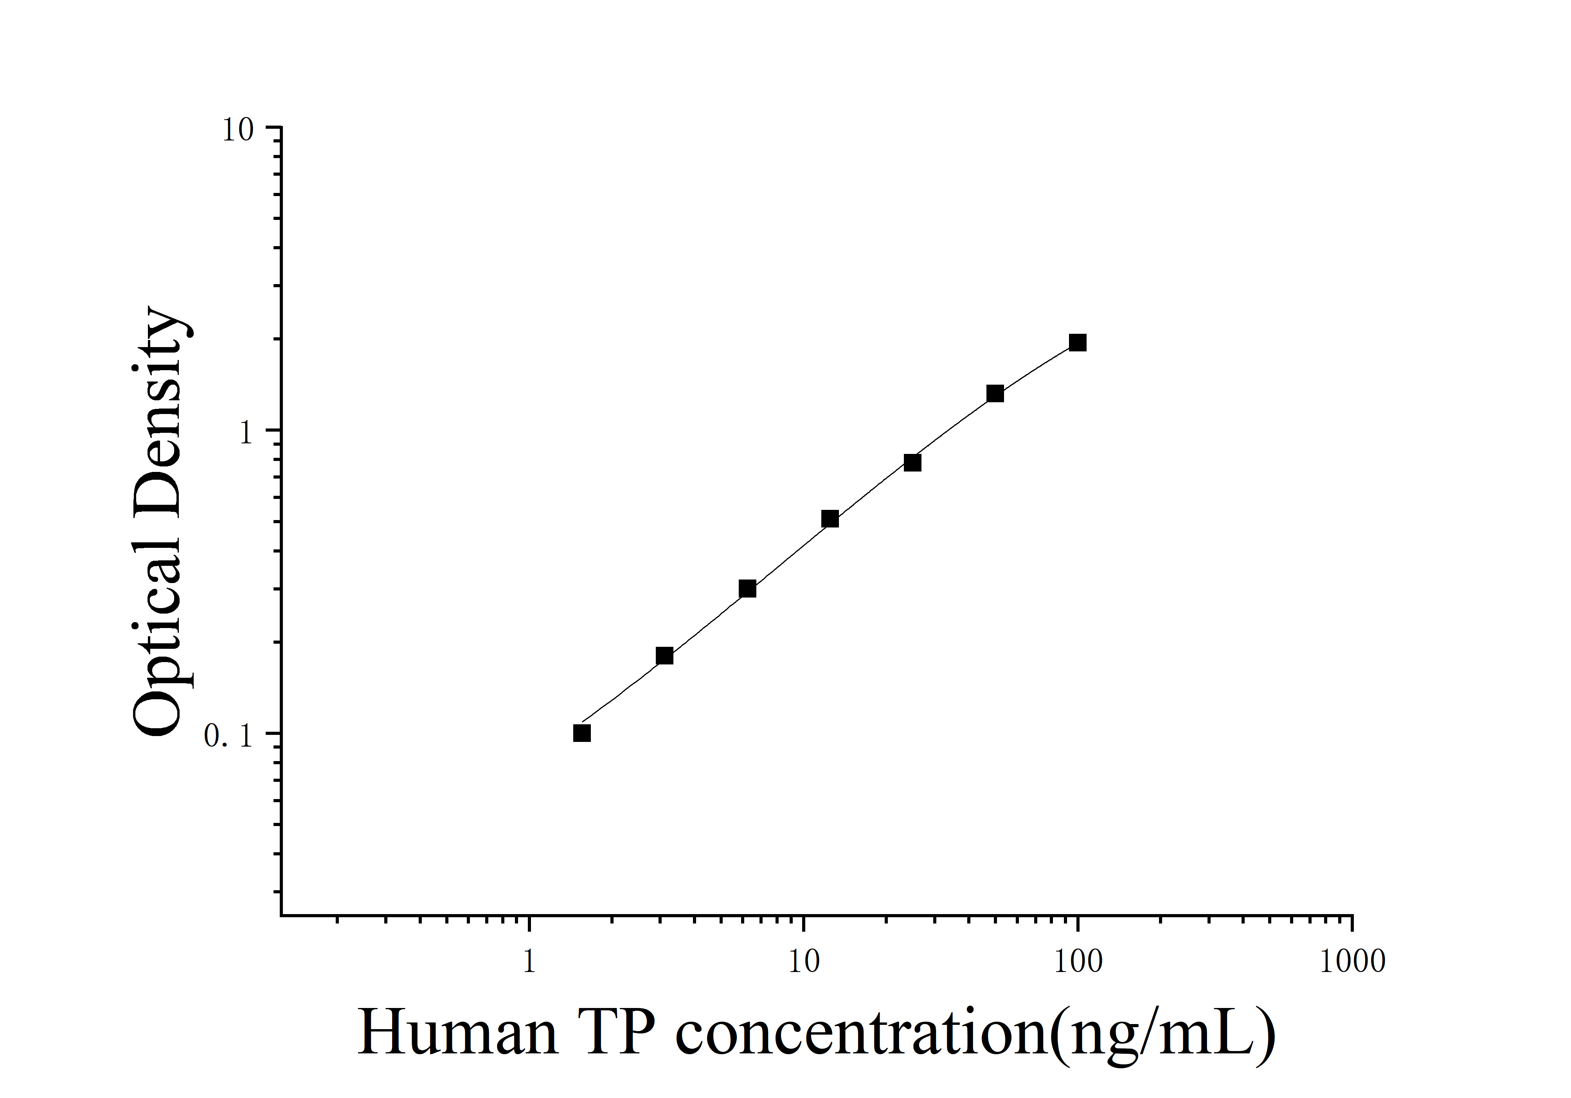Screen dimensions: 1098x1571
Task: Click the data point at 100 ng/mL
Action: (1078, 343)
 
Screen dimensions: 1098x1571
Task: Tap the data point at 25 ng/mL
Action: (912, 463)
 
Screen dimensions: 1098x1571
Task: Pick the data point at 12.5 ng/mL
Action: (830, 518)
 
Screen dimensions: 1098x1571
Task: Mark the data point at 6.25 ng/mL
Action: (747, 589)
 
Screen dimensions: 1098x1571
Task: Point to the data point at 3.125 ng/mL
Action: (664, 656)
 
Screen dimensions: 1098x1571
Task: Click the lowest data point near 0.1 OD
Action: (581, 733)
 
